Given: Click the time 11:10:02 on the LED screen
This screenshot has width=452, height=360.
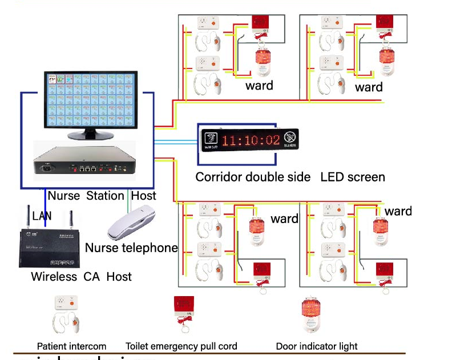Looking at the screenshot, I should [251, 140].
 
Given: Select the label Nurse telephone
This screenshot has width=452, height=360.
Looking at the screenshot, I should [131, 248].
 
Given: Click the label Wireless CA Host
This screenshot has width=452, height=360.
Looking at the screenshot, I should [81, 277].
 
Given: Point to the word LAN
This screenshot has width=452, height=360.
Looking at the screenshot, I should [42, 216].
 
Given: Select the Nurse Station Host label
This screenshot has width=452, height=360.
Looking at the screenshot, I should [102, 196].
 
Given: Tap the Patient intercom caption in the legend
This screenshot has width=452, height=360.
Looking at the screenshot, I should [71, 346].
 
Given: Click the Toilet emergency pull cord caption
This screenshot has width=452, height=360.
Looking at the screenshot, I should [181, 346].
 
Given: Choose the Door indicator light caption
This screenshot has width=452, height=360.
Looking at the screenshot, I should [317, 346].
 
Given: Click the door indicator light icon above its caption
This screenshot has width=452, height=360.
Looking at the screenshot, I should [309, 317].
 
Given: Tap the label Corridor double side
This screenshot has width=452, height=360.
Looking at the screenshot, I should [253, 177].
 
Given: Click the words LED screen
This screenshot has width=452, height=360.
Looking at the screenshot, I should [353, 177].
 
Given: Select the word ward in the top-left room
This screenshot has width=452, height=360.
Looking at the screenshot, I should [259, 86].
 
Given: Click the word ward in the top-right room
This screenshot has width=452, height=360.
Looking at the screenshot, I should [369, 87].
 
